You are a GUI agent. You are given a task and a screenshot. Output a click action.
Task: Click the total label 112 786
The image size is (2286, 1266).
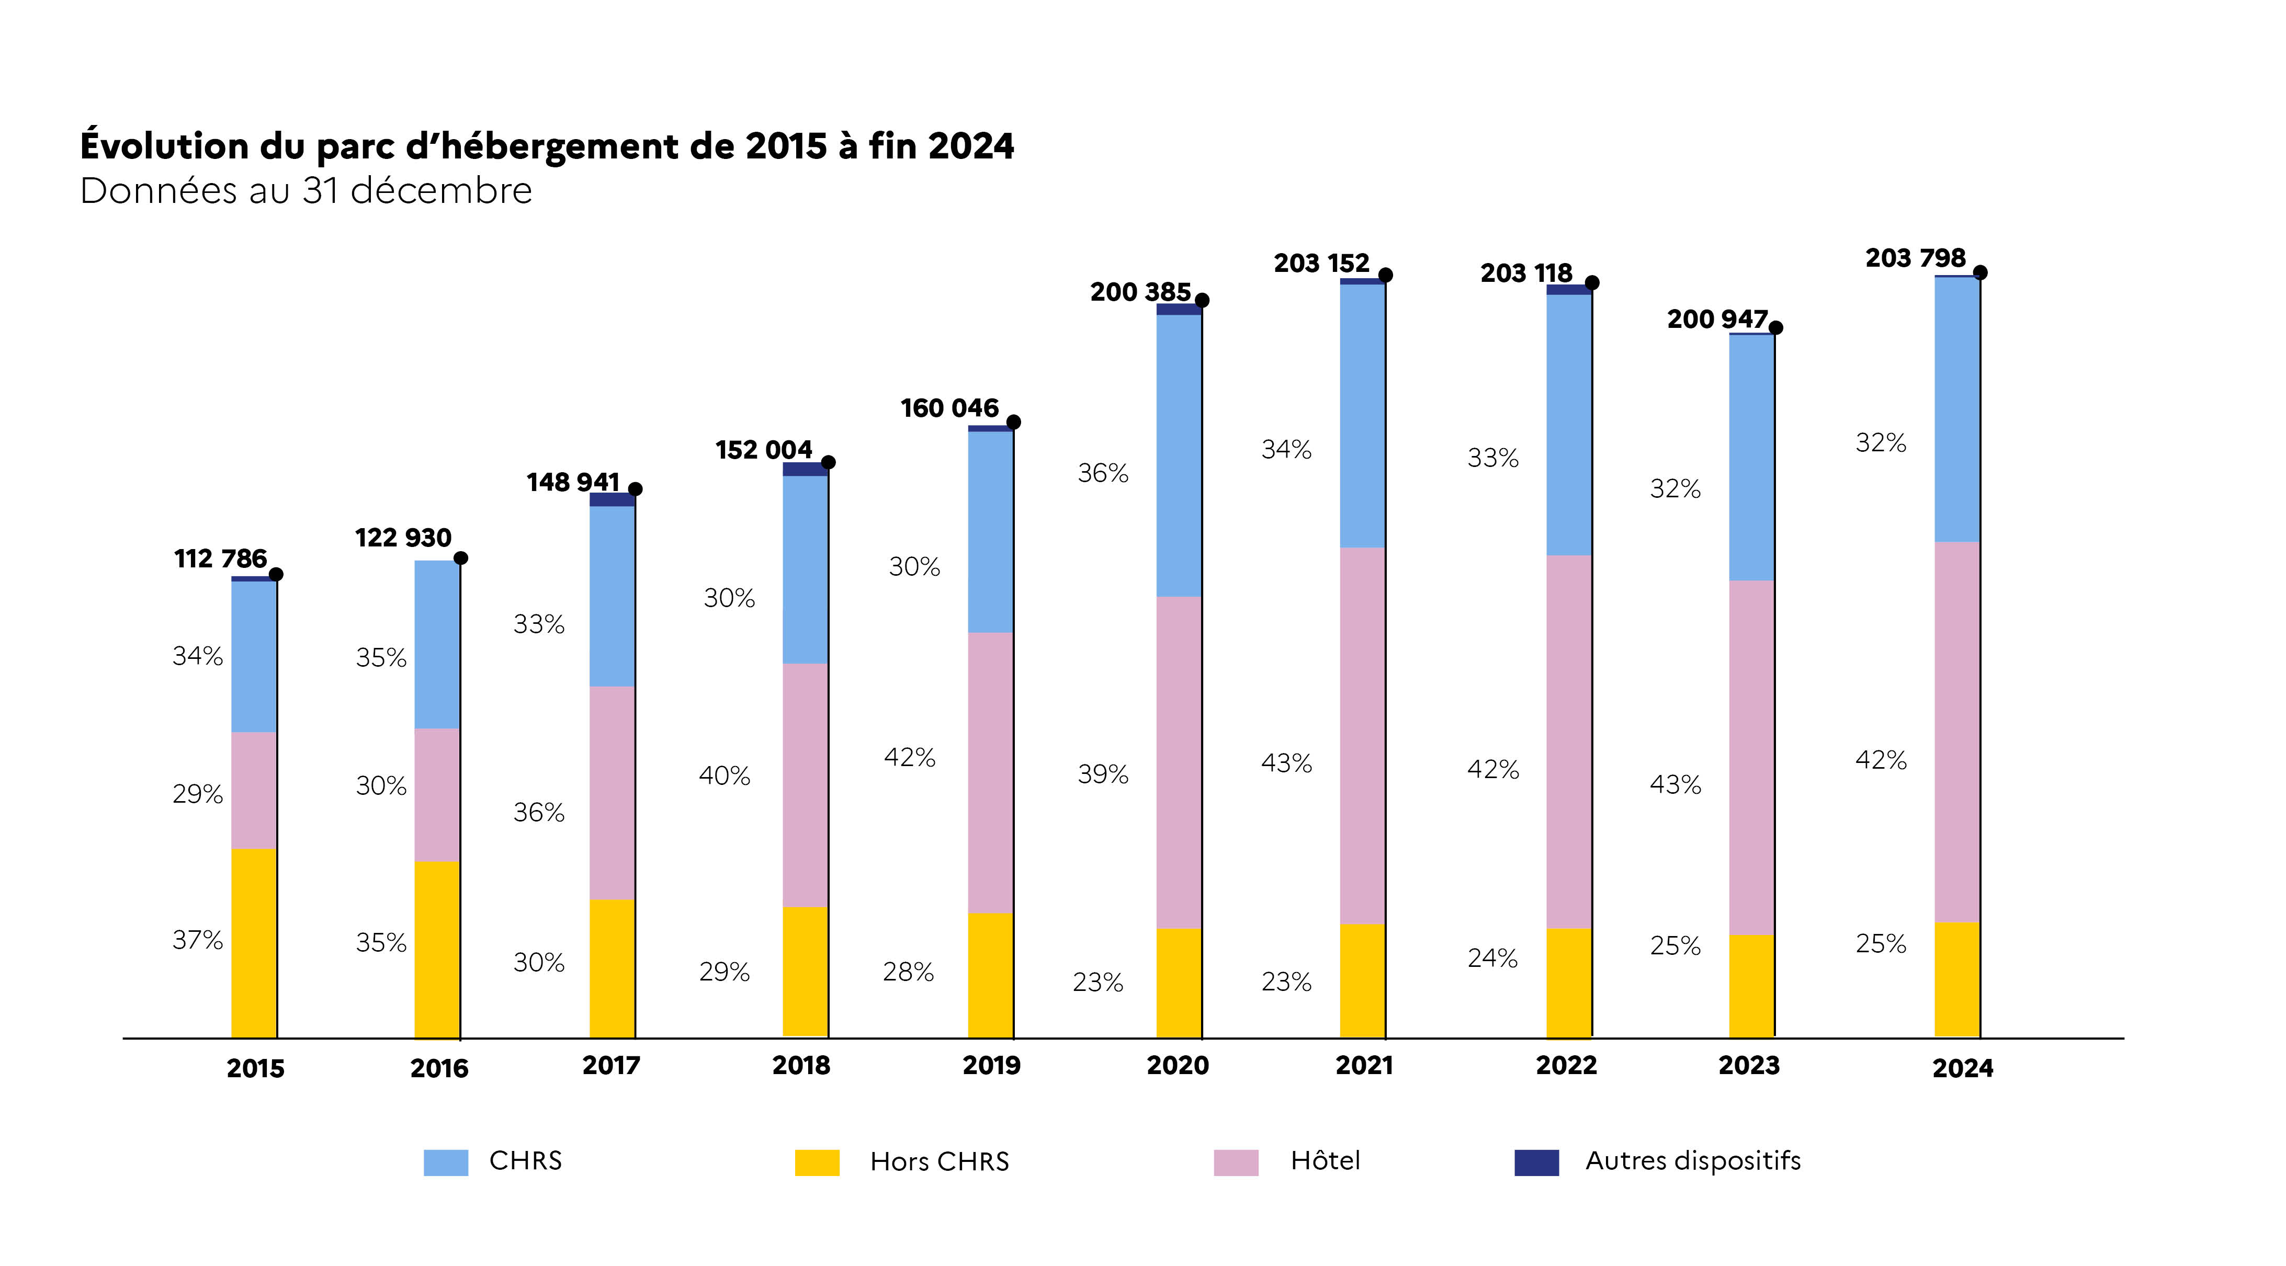pos(220,559)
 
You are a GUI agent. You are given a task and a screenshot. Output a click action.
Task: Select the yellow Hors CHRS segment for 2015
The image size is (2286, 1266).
pos(254,943)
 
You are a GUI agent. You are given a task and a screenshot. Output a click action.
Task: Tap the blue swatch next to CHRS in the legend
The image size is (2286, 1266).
pos(446,1162)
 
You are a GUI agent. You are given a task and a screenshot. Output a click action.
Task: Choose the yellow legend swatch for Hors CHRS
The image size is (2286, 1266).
pos(817,1162)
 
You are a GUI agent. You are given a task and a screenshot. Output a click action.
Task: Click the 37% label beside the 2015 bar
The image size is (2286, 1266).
pos(198,940)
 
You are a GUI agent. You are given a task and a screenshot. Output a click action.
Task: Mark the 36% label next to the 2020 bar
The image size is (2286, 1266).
pos(1103,473)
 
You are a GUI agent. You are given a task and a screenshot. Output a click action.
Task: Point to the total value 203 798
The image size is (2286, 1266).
pos(1915,258)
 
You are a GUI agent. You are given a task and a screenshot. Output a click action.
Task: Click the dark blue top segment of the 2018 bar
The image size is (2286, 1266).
pos(805,469)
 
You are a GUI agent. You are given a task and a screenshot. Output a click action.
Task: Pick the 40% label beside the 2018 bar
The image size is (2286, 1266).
pos(724,775)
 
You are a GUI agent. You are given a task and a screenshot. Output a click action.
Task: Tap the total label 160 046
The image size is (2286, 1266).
pos(949,408)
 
